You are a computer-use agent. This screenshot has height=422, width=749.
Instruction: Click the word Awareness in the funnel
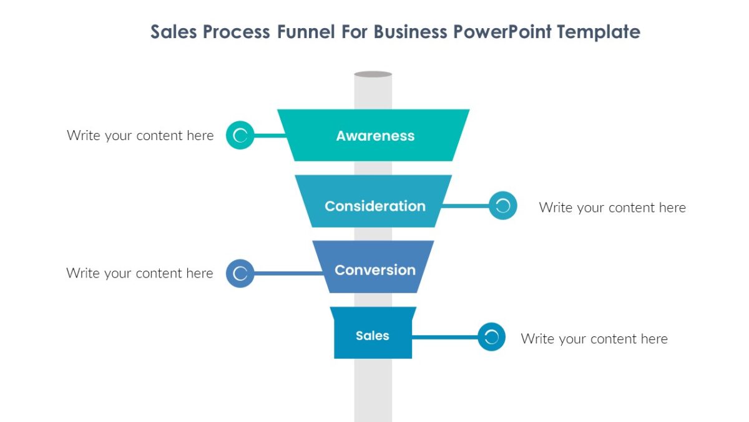point(375,136)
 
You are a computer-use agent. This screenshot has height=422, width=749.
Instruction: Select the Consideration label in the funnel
point(375,206)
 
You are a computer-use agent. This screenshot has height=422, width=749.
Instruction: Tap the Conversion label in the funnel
point(375,270)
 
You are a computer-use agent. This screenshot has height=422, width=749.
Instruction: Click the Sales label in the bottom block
point(373,336)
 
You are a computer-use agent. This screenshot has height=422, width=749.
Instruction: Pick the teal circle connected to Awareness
point(240,135)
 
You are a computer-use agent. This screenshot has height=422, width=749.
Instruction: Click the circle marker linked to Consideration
point(503,206)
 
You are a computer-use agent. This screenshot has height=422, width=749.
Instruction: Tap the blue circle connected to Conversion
point(240,273)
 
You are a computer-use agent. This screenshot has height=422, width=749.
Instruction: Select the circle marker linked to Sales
point(491,337)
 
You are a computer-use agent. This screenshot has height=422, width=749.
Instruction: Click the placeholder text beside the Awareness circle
point(140,136)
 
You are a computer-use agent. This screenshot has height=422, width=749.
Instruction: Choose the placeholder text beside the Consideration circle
point(612,208)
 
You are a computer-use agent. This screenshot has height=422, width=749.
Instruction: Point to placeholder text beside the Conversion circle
point(140,273)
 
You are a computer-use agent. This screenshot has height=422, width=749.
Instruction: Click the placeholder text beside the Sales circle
point(594,339)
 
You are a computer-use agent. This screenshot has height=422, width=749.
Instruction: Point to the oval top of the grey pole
point(373,74)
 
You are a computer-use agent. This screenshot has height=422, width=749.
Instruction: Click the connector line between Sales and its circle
point(444,337)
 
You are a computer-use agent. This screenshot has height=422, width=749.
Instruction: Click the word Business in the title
point(413,32)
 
